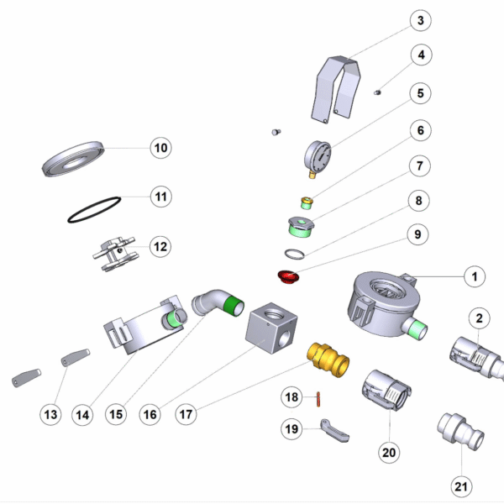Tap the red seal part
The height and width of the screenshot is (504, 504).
[x=289, y=276]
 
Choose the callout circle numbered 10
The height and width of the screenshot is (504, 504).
[x=160, y=149]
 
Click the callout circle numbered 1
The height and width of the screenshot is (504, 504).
[x=474, y=276]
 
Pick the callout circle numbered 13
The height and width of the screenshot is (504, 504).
[x=52, y=413]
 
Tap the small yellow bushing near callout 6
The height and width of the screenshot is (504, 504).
[x=307, y=202]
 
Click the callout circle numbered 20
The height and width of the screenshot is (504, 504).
[x=388, y=453]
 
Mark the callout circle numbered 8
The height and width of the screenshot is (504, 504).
[x=422, y=202]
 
